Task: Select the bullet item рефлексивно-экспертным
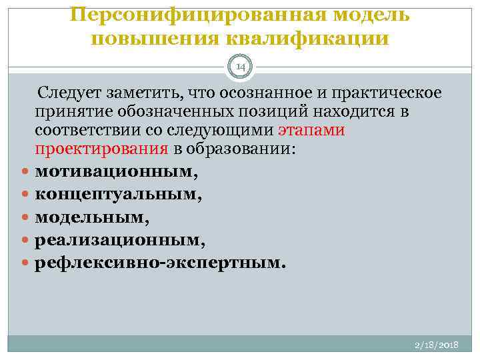(x=160, y=262)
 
